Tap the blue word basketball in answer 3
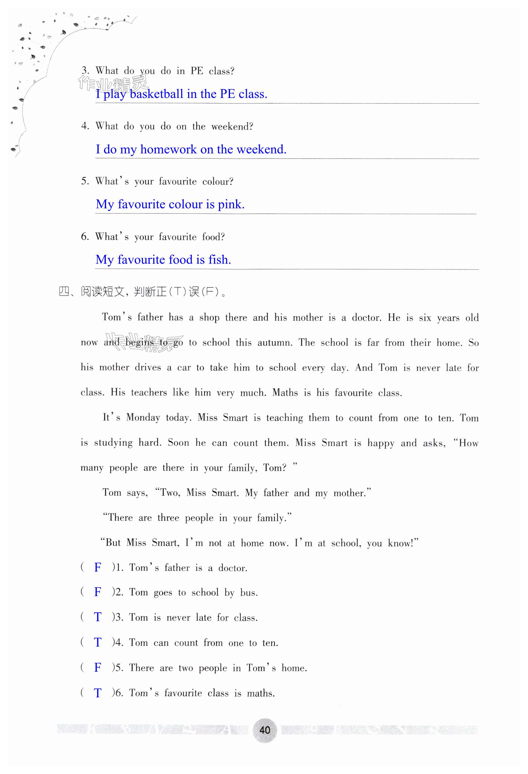156,94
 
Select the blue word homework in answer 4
168,150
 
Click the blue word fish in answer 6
219,260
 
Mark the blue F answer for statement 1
97,567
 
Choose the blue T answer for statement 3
97,617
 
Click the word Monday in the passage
143,418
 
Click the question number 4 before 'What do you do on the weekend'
85,126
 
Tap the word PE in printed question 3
197,71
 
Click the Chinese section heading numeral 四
64,292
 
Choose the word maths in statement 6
260,693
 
